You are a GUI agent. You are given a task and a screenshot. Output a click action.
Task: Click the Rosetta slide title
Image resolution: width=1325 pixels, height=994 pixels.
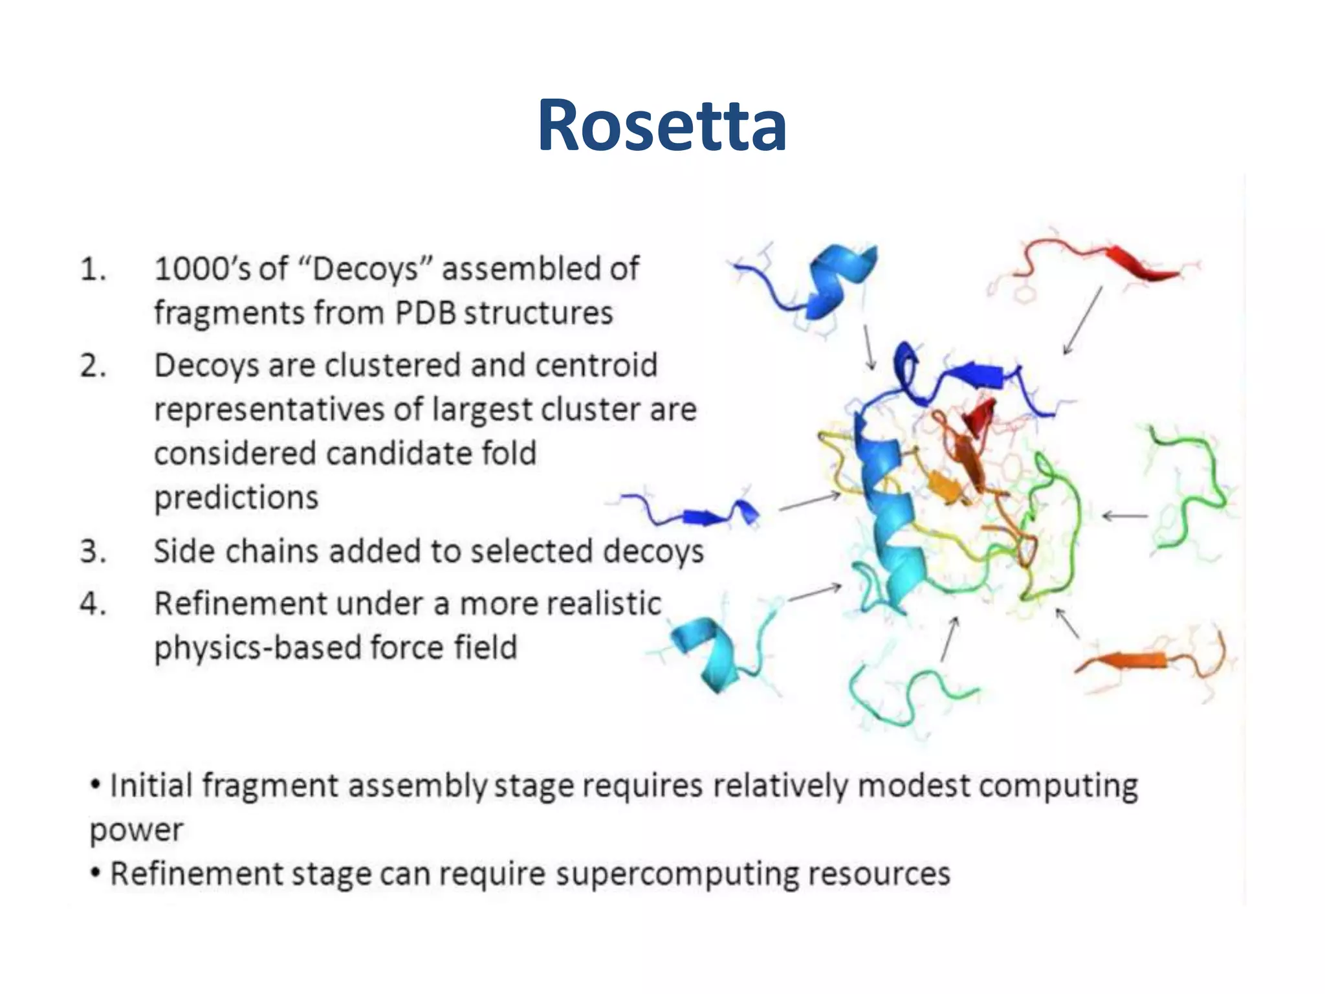click(662, 125)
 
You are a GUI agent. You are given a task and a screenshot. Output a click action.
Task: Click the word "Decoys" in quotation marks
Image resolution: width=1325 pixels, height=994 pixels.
click(368, 269)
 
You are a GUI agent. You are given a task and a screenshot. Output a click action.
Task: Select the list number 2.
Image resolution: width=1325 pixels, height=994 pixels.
click(93, 366)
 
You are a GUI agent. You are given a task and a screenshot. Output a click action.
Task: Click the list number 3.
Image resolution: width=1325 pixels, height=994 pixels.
click(93, 552)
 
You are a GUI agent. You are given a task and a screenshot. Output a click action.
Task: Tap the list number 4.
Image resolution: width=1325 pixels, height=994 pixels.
click(93, 604)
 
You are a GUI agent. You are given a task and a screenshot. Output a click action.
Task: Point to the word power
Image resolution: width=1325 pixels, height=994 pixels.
click(137, 830)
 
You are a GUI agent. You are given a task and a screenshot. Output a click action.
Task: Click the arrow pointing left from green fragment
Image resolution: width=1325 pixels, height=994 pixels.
click(1124, 516)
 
